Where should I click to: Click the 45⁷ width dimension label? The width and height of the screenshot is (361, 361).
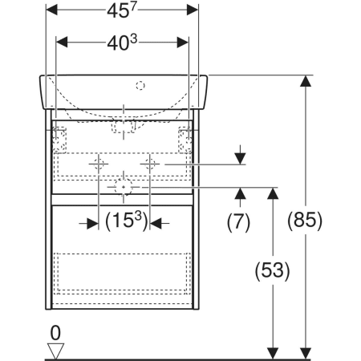[x=122, y=11]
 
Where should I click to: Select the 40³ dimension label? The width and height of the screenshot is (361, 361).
[x=122, y=43]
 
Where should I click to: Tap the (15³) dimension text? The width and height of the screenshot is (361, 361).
[x=127, y=221]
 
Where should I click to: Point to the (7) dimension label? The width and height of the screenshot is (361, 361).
[x=238, y=222]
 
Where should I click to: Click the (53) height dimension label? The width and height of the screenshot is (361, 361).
[x=272, y=270]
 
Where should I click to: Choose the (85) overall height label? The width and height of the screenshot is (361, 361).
[x=305, y=221]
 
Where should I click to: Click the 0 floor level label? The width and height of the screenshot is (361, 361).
[x=55, y=333]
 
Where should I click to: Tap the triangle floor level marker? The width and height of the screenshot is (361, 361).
[x=55, y=351]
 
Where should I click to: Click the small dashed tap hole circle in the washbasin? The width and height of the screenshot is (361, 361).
[x=140, y=86]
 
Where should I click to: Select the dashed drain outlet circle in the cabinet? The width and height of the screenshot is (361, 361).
[x=124, y=187]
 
